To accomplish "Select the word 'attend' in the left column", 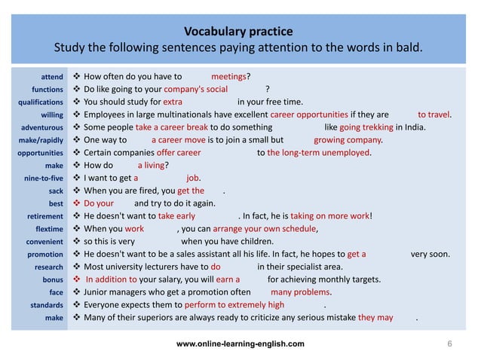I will [51, 77].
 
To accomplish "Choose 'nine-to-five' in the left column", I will [43, 179].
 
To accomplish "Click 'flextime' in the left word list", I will [47, 230].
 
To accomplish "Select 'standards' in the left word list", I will [46, 306].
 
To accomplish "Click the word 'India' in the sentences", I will [412, 127].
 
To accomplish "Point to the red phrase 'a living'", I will [151, 166].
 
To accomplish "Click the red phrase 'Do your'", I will [99, 204].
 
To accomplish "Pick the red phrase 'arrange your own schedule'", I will [264, 229].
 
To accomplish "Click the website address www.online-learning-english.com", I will [240, 343].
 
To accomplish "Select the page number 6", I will [449, 343].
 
